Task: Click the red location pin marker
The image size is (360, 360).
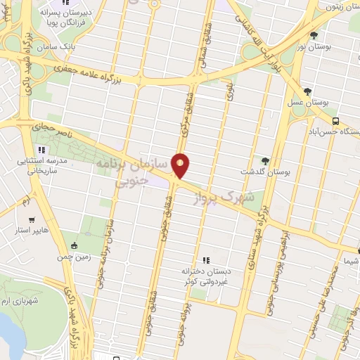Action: [181, 165]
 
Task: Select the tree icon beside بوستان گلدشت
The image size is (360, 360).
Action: [265, 160]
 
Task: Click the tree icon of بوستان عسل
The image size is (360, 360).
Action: [307, 91]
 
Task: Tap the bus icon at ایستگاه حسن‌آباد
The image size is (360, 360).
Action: [336, 120]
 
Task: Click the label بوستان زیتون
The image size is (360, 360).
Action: [342, 6]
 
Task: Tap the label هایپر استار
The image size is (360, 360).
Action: [30, 230]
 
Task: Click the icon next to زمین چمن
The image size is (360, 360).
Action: [75, 245]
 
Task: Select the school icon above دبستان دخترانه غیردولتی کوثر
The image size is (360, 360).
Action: [206, 260]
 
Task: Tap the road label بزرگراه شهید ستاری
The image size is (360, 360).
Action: [257, 232]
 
